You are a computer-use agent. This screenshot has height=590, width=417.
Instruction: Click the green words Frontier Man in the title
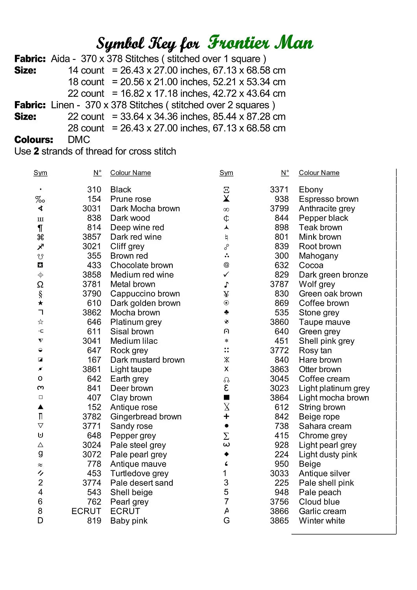click(260, 42)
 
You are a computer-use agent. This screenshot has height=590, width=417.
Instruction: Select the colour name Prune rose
click(131, 199)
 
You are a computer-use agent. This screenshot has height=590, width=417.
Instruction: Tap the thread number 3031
click(92, 208)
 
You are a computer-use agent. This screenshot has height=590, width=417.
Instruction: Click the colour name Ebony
click(311, 190)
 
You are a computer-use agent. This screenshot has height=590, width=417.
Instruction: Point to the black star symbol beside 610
click(41, 303)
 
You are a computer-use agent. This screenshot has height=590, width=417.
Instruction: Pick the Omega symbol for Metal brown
click(40, 284)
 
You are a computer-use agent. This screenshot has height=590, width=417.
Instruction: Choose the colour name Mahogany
click(318, 256)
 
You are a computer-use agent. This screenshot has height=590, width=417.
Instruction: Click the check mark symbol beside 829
click(226, 275)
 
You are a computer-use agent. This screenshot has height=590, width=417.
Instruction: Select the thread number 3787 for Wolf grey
click(279, 284)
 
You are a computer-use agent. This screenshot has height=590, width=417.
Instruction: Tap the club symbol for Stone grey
click(226, 312)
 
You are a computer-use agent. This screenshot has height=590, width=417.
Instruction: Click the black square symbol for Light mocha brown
click(226, 398)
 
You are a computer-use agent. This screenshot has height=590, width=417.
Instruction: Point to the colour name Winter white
click(322, 521)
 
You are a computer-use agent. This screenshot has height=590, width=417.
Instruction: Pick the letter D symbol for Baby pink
click(40, 520)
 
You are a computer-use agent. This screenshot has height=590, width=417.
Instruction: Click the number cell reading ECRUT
click(86, 511)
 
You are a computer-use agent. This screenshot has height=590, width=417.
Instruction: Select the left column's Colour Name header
click(130, 173)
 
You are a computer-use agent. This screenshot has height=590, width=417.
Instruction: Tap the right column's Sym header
click(226, 173)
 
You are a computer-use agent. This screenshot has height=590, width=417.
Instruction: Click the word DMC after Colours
click(79, 140)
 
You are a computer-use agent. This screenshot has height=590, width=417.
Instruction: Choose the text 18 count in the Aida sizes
click(86, 82)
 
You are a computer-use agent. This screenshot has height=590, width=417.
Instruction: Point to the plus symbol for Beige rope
click(226, 416)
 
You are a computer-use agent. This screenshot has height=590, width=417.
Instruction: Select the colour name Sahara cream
click(325, 426)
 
